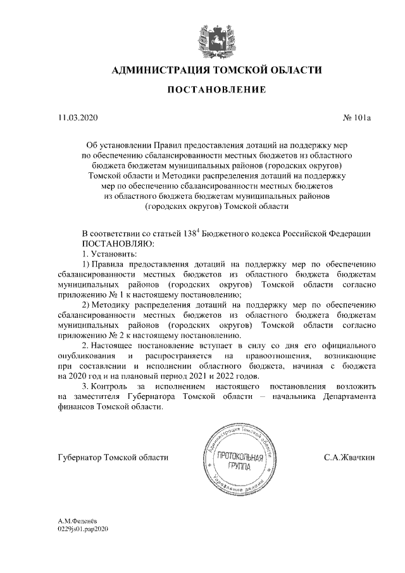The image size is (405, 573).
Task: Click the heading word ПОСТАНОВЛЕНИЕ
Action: tap(216, 91)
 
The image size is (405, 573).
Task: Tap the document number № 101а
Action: tap(358, 118)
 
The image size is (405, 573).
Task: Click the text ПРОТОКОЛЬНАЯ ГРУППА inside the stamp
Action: tap(235, 461)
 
